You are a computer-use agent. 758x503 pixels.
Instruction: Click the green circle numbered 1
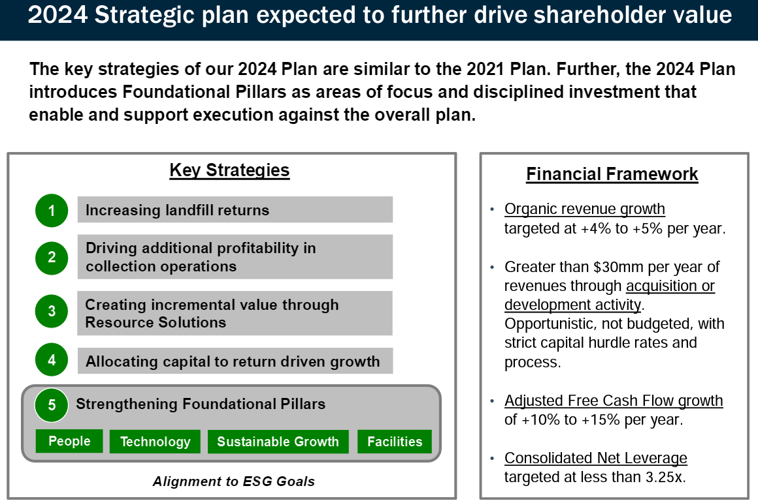[52, 211]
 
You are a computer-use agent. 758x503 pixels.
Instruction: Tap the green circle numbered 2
[52, 257]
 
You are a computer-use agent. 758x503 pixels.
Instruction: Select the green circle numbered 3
[52, 312]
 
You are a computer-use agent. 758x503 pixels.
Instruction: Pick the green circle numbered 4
[52, 360]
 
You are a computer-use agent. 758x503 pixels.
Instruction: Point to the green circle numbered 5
[52, 405]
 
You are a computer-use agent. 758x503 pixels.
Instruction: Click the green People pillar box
[69, 441]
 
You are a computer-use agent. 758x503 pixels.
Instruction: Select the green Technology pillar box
[155, 442]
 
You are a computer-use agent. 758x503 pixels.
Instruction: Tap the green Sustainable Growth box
[278, 442]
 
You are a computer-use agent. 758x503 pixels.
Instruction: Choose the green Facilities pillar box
[395, 442]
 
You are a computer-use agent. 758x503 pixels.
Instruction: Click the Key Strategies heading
[229, 171]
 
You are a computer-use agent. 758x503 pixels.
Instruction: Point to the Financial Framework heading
[612, 174]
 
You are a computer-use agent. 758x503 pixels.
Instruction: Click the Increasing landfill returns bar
[235, 210]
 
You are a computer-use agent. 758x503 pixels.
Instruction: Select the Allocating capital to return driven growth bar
[235, 361]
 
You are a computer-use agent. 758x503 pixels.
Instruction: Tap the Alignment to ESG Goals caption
[233, 481]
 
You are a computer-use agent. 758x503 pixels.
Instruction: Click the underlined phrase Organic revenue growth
[584, 209]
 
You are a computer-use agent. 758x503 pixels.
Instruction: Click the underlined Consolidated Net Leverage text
[595, 458]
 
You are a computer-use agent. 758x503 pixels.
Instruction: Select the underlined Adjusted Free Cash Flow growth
[614, 401]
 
